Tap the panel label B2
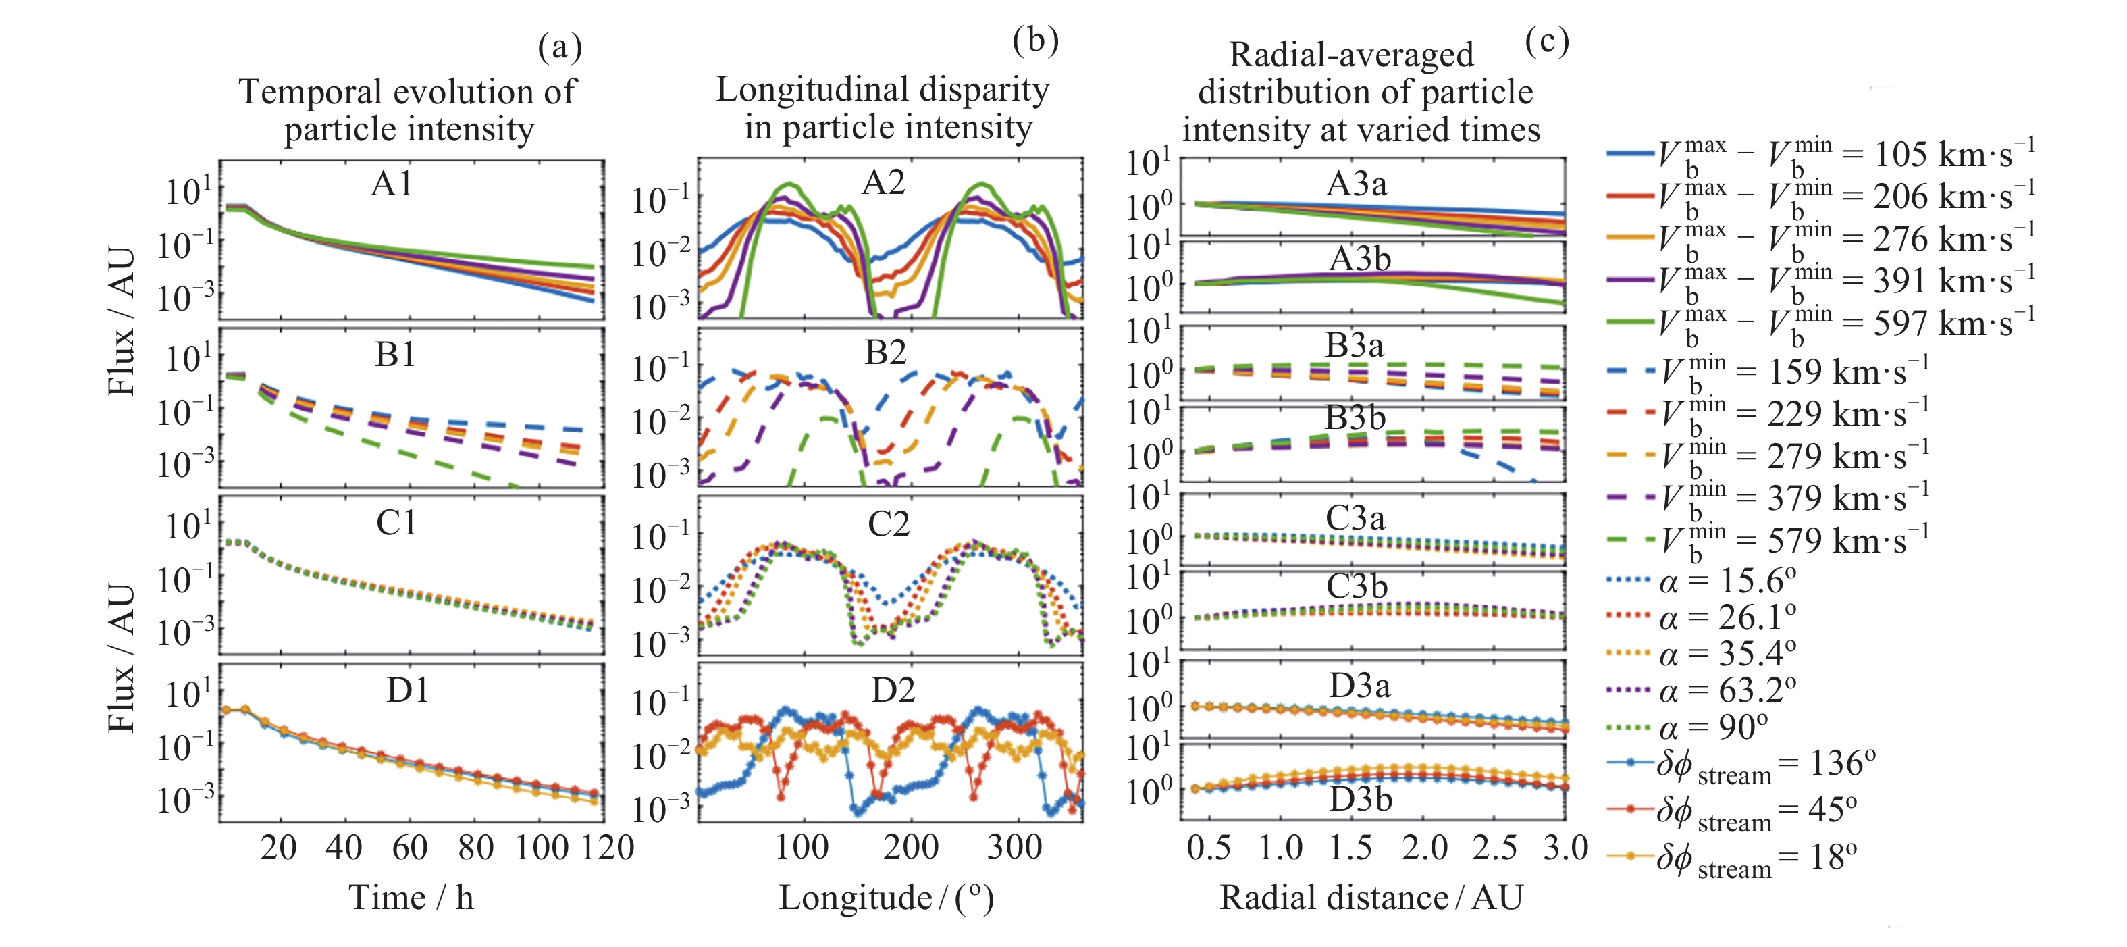pos(885,353)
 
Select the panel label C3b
pos(1357,587)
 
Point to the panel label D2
pos(893,690)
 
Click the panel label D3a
pos(1359,686)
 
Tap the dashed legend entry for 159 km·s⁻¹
pos(1767,372)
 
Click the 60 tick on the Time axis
pos(410,848)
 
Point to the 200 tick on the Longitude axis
pos(910,848)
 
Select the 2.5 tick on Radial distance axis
pos(1494,848)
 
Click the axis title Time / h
pos(411,898)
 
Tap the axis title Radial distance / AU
pos(1371,898)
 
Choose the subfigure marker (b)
pos(1034,40)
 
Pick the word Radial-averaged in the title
pos(1351,55)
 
